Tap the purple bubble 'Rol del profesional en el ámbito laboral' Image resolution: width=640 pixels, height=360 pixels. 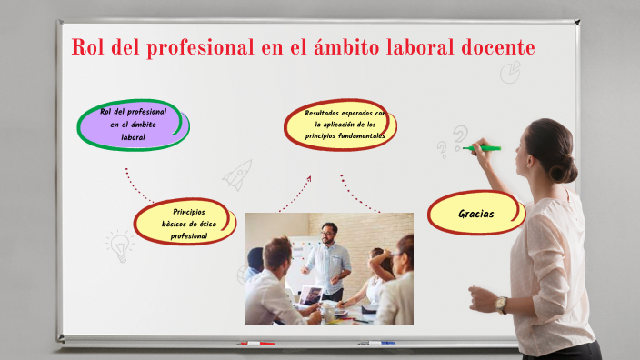click(x=133, y=125)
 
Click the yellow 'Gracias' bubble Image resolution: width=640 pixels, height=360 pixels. click(x=476, y=214)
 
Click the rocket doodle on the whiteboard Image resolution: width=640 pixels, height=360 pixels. click(x=239, y=173)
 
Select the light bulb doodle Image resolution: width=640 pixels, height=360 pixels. click(x=118, y=244)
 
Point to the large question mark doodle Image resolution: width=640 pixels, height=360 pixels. click(x=461, y=136)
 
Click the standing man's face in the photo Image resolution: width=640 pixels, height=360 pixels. click(x=328, y=234)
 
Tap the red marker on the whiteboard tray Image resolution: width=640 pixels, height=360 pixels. click(x=255, y=343)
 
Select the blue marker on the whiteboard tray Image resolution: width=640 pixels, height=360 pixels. click(x=376, y=343)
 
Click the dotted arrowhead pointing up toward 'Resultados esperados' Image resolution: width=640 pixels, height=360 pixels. click(x=308, y=178)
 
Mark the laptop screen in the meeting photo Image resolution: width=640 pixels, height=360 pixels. click(x=312, y=295)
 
